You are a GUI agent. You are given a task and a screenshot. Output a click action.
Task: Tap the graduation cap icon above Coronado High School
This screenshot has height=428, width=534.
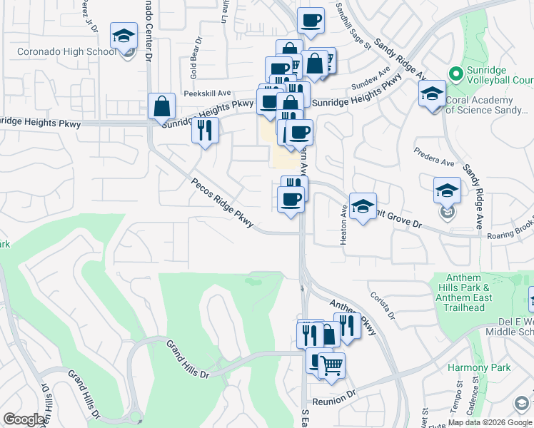[x=124, y=36]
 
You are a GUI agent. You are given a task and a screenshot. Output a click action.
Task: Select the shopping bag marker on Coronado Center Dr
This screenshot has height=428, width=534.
[x=162, y=106]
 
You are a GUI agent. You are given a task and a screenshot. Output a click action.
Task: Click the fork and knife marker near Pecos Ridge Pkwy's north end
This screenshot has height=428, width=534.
[x=205, y=131]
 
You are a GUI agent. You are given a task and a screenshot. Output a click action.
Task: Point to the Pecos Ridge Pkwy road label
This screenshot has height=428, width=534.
[x=222, y=204]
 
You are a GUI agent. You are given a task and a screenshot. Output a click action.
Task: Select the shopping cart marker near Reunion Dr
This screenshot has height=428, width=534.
[x=331, y=367]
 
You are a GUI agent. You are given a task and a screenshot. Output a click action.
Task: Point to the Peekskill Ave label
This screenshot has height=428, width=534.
[x=207, y=93]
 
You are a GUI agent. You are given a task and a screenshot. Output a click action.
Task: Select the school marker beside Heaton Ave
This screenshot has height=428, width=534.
[x=363, y=207]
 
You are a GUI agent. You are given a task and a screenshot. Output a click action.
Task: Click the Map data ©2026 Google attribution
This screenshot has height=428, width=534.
[x=489, y=422]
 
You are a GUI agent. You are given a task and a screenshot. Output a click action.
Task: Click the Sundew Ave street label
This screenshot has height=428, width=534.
[x=371, y=81]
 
